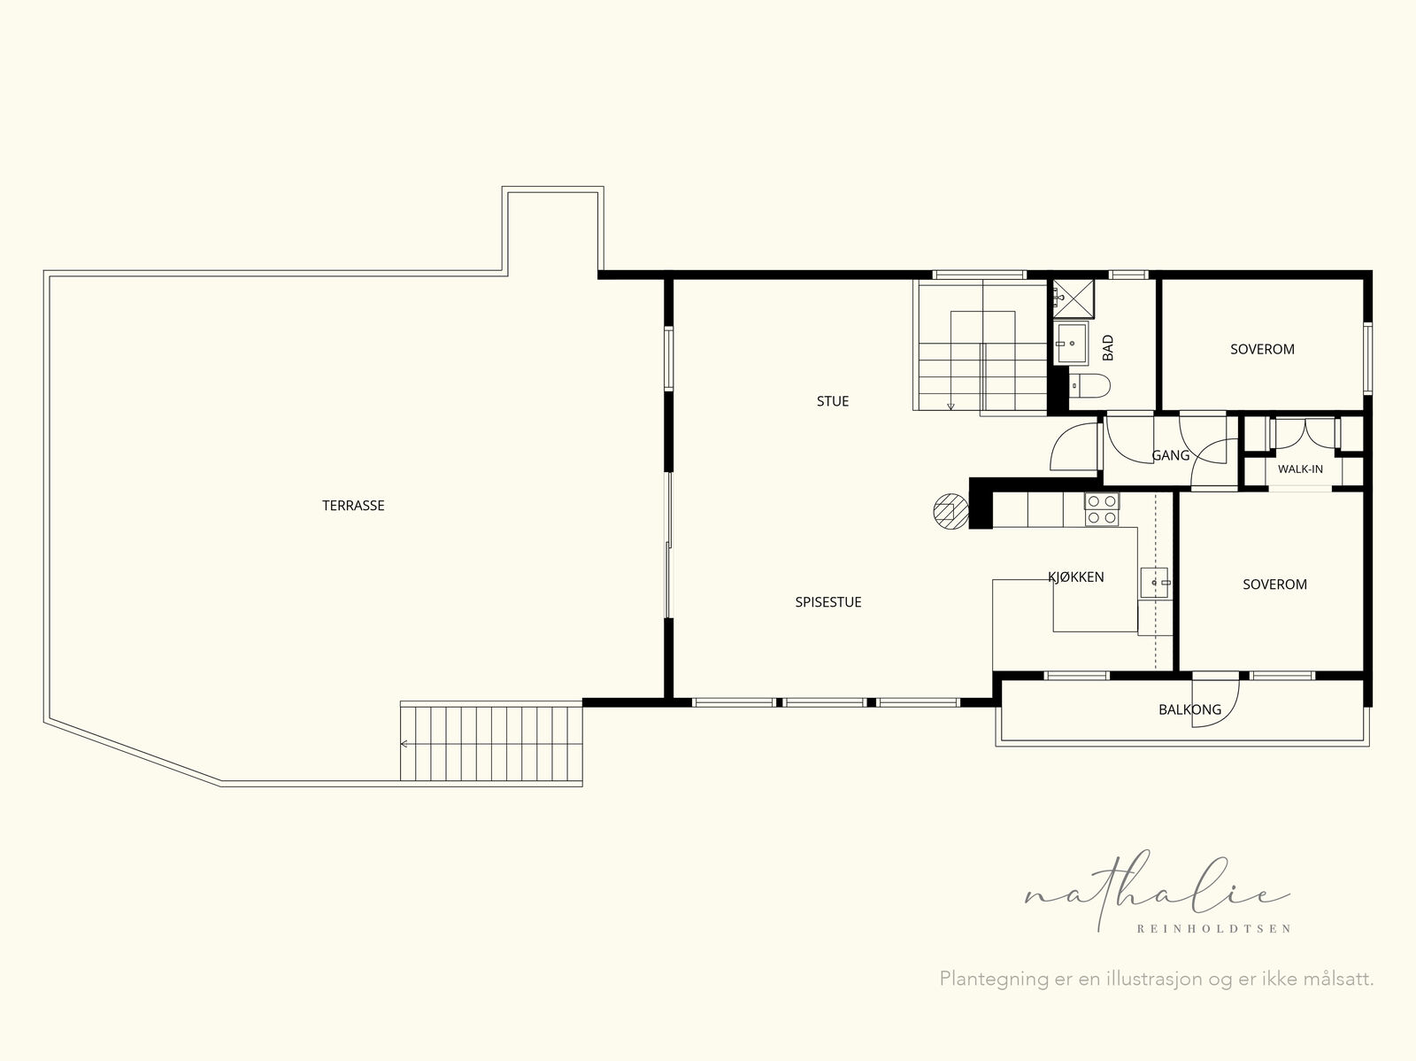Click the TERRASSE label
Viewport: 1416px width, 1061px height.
[353, 506]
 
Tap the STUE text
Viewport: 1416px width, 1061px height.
[832, 401]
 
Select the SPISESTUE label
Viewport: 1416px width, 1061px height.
[827, 602]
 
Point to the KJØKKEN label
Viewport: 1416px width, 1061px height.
[1075, 577]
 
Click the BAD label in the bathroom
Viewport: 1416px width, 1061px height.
[1108, 348]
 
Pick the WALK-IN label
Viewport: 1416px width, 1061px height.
[1300, 469]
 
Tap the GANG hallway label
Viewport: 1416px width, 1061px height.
[1170, 455]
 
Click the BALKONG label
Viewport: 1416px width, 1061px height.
[1189, 710]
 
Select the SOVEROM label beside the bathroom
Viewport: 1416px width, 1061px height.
[1262, 349]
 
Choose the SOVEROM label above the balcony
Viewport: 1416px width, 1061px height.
[1274, 584]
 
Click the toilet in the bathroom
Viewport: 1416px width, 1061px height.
[1089, 385]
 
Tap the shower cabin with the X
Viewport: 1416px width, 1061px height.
[1074, 298]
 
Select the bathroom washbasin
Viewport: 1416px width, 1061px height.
[1071, 343]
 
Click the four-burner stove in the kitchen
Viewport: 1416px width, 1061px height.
[1102, 509]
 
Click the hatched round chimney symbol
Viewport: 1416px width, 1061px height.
[950, 511]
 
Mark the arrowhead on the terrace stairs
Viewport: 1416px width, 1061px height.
[404, 744]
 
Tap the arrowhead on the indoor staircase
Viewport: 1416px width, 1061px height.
[950, 407]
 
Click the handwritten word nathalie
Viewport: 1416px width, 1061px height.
[1158, 892]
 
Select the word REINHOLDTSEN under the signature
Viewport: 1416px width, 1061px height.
[1213, 929]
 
